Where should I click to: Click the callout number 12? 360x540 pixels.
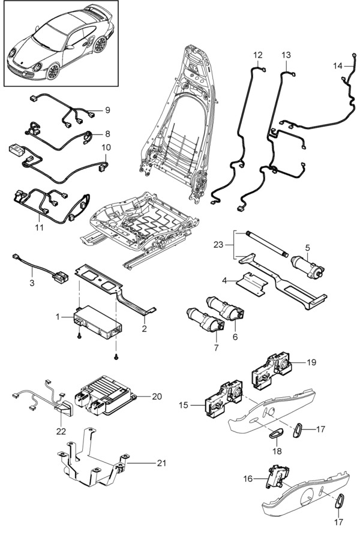pos(258,55)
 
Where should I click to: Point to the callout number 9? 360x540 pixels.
pos(107,110)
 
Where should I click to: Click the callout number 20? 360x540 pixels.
pos(157,397)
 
